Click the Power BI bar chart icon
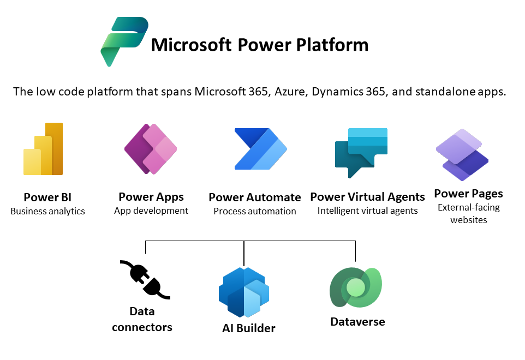tap(43, 149)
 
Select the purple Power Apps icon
tap(151, 149)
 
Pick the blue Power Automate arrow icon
tap(260, 149)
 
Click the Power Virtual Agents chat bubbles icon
tap(361, 153)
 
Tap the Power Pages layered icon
tap(462, 154)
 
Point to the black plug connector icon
tap(145, 280)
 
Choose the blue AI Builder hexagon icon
tap(244, 292)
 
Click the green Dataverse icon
tap(356, 287)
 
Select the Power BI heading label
tap(47, 197)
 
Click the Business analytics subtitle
tap(47, 212)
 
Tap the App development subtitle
tap(151, 211)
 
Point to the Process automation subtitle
tap(255, 212)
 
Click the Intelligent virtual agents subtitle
tap(368, 211)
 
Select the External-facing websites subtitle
tap(469, 213)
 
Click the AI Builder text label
tap(249, 328)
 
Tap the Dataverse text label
tap(357, 322)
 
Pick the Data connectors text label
tap(142, 319)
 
